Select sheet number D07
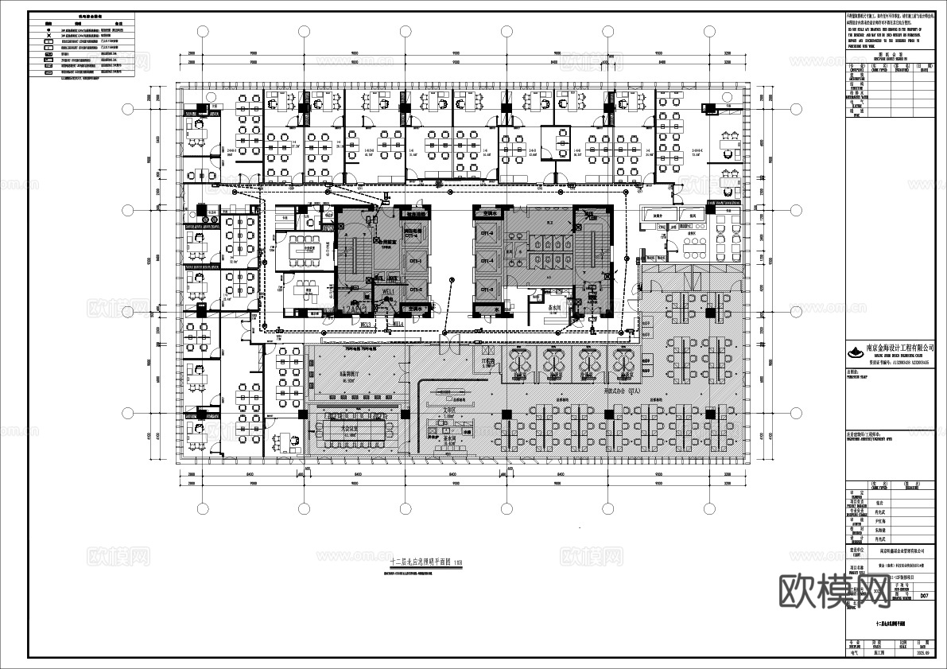pyautogui.click(x=924, y=595)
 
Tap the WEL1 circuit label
pyautogui.click(x=388, y=294)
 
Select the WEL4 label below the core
pyautogui.click(x=395, y=325)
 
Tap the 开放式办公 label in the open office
pyautogui.click(x=621, y=392)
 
